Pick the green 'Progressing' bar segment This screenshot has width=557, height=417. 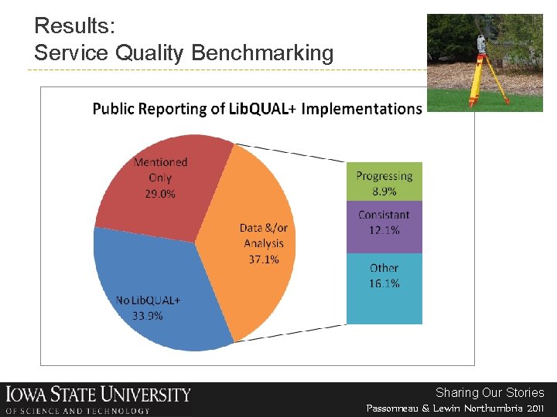click(x=384, y=183)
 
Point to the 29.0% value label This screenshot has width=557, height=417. click(x=160, y=194)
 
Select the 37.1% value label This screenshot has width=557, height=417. click(x=263, y=259)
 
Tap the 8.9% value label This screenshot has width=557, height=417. click(x=384, y=191)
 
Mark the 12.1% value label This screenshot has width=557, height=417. click(x=384, y=230)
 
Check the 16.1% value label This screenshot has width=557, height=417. click(x=384, y=283)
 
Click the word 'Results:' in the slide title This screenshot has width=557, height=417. click(x=75, y=26)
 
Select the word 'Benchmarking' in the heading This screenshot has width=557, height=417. click(x=262, y=53)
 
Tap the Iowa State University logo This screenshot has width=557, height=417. click(x=97, y=399)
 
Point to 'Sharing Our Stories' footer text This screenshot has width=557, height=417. click(x=490, y=392)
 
